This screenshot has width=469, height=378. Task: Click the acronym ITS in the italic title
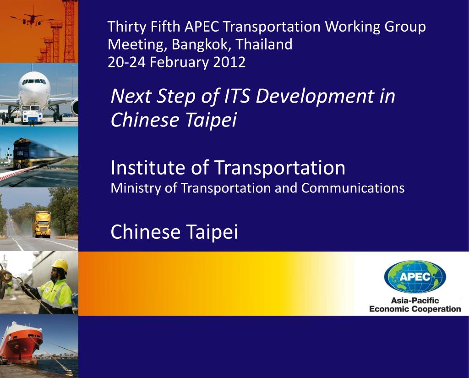238,97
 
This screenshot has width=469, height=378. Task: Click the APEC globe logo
414,277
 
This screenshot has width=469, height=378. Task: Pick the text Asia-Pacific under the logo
414,301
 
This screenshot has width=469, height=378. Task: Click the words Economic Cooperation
414,309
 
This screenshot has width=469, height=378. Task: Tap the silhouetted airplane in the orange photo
31,20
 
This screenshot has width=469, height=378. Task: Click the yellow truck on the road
42,224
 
